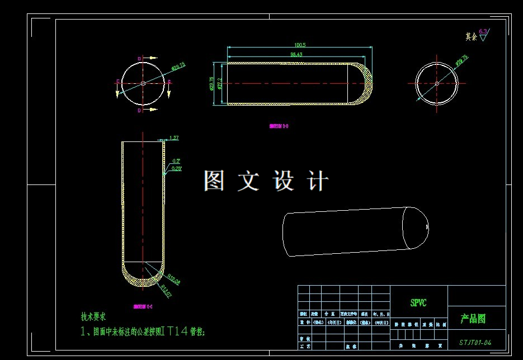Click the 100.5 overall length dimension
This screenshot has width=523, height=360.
click(300, 45)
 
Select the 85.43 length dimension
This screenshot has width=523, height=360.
click(296, 54)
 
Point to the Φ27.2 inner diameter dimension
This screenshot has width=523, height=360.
click(220, 83)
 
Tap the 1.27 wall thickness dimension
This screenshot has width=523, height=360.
click(173, 138)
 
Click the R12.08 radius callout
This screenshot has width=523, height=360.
click(173, 277)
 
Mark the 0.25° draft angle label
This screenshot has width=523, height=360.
click(177, 168)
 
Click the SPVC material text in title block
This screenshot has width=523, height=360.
click(418, 303)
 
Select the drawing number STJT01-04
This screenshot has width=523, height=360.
click(475, 342)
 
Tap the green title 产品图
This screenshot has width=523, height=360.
click(473, 319)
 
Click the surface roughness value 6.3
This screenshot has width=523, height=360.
click(483, 32)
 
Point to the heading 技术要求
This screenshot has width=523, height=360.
click(94, 316)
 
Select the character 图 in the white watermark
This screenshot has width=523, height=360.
click(214, 181)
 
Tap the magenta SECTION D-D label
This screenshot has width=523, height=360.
click(279, 126)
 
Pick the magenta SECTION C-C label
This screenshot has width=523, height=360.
click(143, 306)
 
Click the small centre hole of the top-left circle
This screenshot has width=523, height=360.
click(143, 83)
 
